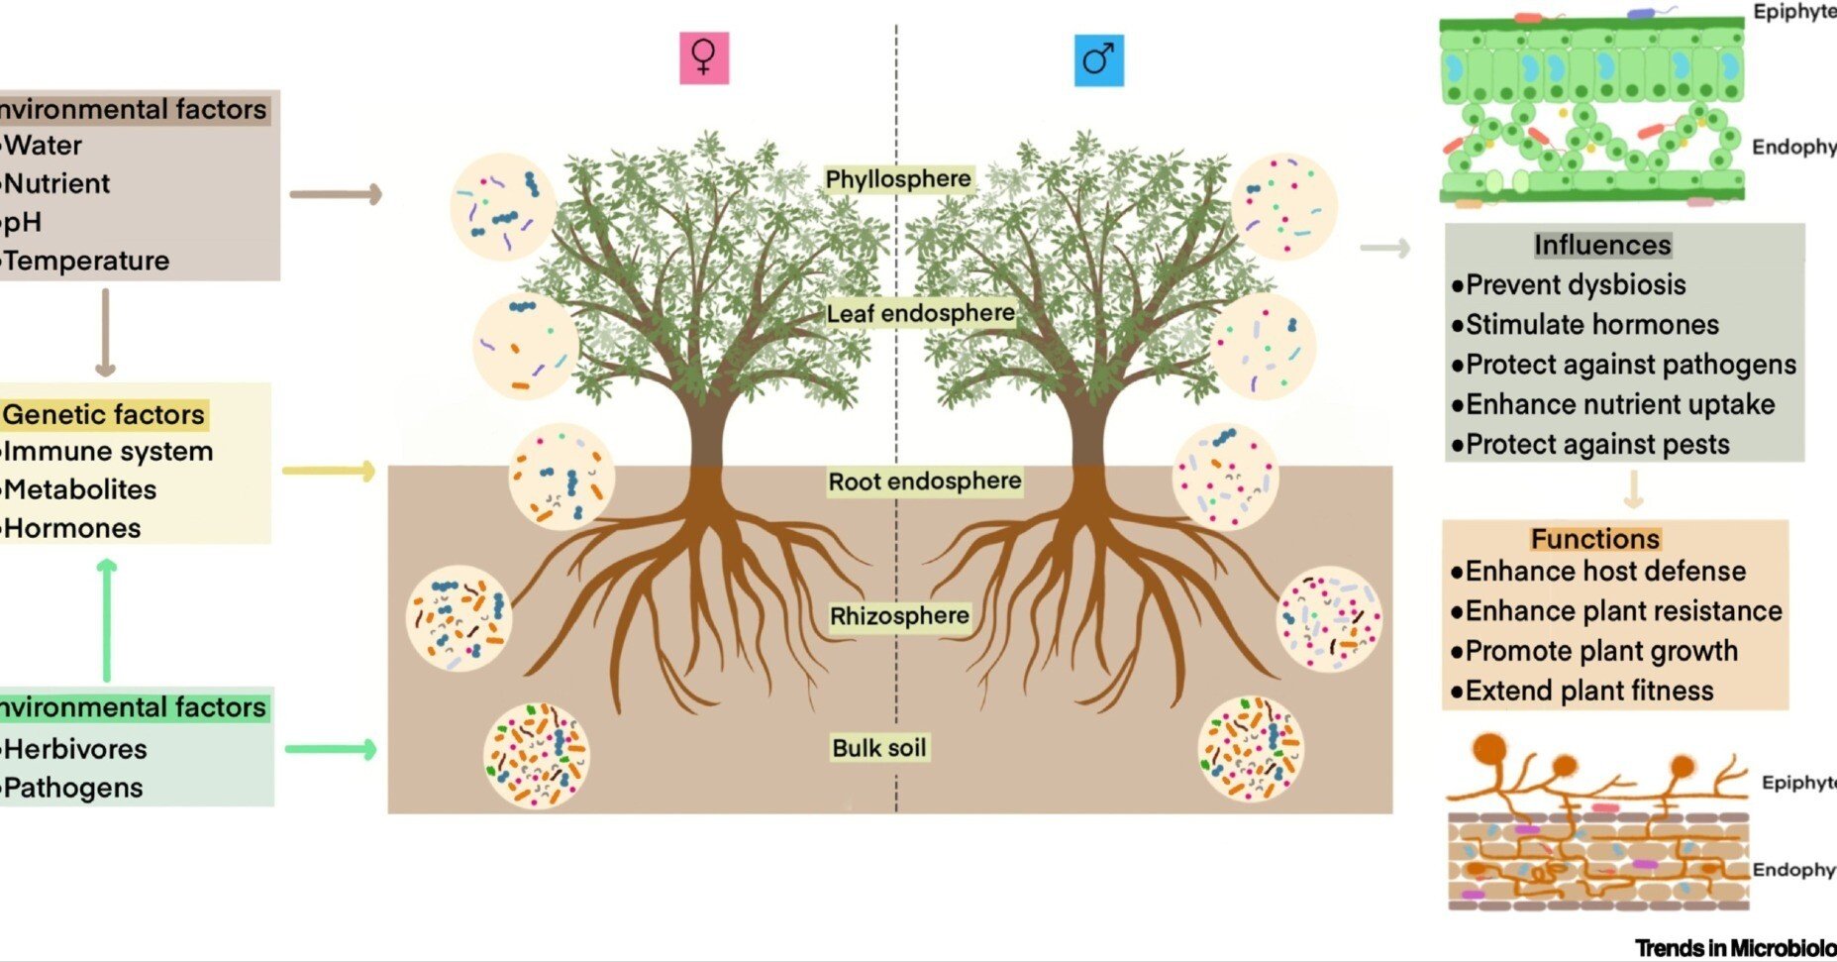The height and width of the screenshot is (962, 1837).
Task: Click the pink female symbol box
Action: (x=704, y=57)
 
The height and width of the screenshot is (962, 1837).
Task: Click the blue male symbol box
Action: (x=1098, y=60)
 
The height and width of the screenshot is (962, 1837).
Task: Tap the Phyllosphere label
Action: (x=898, y=179)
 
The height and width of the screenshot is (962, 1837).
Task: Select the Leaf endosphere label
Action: (x=921, y=314)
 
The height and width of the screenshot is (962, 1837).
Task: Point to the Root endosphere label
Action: (x=924, y=481)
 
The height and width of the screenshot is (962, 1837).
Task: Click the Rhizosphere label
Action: (x=899, y=616)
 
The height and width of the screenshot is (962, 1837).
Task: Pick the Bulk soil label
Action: (x=879, y=748)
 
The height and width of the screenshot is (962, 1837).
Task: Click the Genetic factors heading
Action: (x=104, y=414)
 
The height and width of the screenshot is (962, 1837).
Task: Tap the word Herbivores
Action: (x=76, y=749)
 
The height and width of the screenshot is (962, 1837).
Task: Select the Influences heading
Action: (x=1602, y=245)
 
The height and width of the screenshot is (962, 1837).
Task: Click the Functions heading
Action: (x=1594, y=539)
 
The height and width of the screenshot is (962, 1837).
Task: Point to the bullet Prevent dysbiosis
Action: (x=1575, y=285)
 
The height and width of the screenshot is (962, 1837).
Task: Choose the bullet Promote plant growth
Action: (x=1600, y=651)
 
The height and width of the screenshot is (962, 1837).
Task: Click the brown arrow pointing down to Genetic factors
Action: (x=105, y=333)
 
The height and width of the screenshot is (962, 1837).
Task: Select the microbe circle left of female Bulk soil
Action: (x=536, y=755)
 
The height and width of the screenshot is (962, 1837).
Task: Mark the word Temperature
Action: (x=87, y=262)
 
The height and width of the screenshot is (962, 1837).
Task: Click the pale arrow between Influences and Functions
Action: (x=1633, y=489)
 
